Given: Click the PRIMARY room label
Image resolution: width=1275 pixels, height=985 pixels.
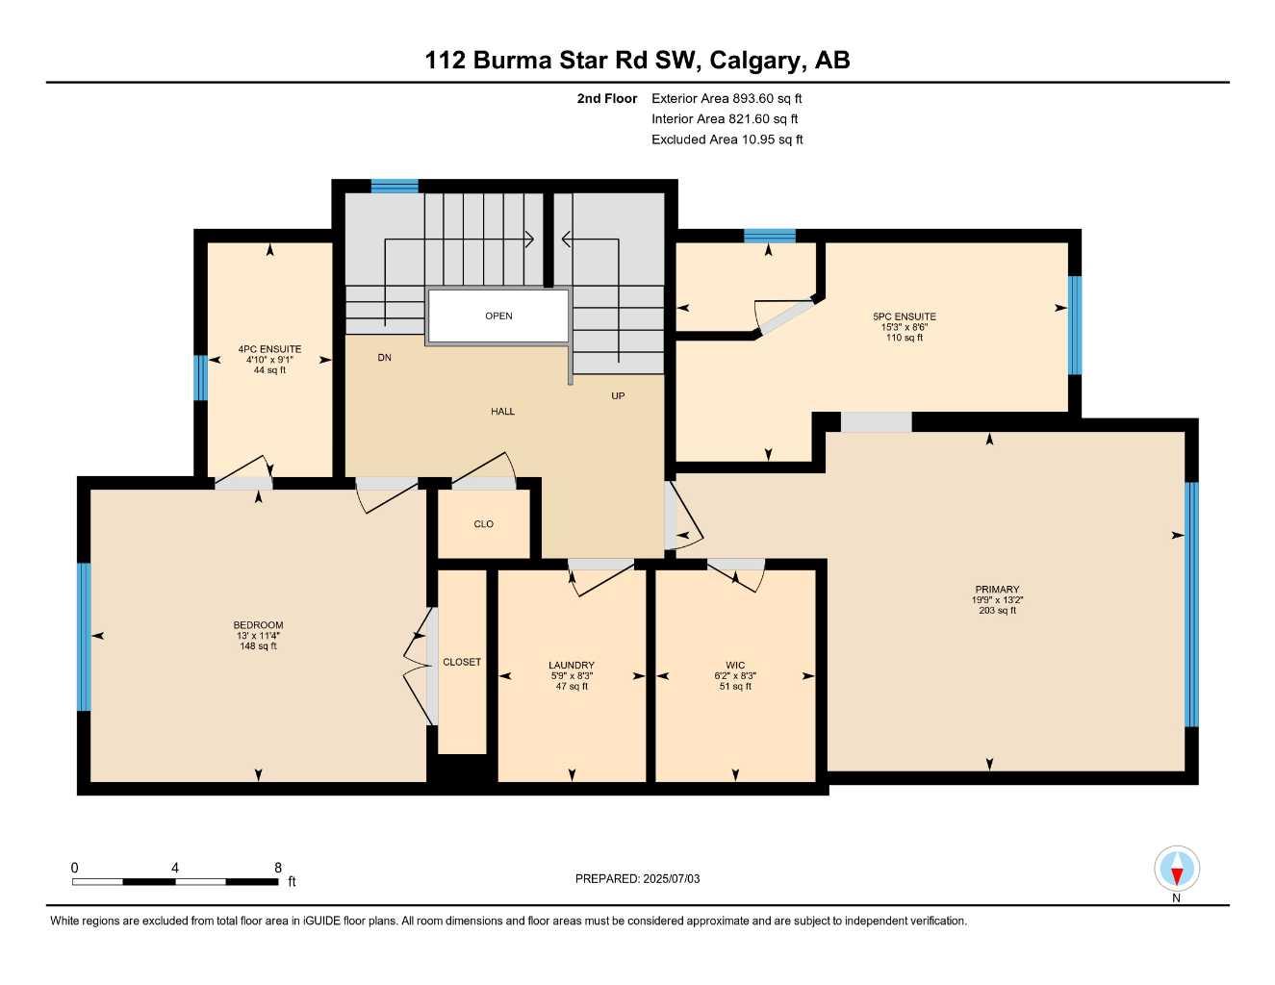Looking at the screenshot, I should pyautogui.click(x=996, y=590).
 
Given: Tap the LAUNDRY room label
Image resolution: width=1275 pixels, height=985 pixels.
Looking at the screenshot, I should pyautogui.click(x=572, y=666).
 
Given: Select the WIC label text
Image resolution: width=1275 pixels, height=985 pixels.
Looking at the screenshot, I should pyautogui.click(x=735, y=666).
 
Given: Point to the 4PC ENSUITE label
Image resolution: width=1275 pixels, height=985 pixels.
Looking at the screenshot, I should pyautogui.click(x=269, y=350).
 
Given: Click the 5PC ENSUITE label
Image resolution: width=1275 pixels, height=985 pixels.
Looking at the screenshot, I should pyautogui.click(x=904, y=316).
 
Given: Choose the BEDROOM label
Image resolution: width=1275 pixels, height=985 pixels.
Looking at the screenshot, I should pyautogui.click(x=258, y=625).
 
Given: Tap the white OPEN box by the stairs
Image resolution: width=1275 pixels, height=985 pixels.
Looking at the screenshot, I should pyautogui.click(x=498, y=316).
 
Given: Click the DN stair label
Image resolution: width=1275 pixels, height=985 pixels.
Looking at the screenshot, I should pyautogui.click(x=384, y=358).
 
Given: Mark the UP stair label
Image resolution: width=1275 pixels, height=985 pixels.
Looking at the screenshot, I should pyautogui.click(x=618, y=395).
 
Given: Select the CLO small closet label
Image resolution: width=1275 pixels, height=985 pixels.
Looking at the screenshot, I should pyautogui.click(x=483, y=524).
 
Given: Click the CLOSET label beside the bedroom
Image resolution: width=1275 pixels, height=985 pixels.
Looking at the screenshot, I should pyautogui.click(x=462, y=662).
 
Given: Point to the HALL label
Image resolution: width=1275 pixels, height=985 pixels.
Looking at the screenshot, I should pyautogui.click(x=502, y=412).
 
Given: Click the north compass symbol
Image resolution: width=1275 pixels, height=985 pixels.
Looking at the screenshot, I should pyautogui.click(x=1176, y=870).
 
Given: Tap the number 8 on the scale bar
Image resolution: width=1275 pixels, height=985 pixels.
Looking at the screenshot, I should pyautogui.click(x=278, y=868).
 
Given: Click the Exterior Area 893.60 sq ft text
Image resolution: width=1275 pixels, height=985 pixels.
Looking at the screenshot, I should pyautogui.click(x=727, y=98).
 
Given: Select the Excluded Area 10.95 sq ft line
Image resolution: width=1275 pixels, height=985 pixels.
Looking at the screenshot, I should pyautogui.click(x=727, y=139).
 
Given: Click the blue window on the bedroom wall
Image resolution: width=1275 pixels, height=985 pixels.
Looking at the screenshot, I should pyautogui.click(x=84, y=636).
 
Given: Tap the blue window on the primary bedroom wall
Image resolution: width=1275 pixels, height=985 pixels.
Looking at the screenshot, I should pyautogui.click(x=1191, y=604).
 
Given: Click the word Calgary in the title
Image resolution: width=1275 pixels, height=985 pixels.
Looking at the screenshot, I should pyautogui.click(x=754, y=61).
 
